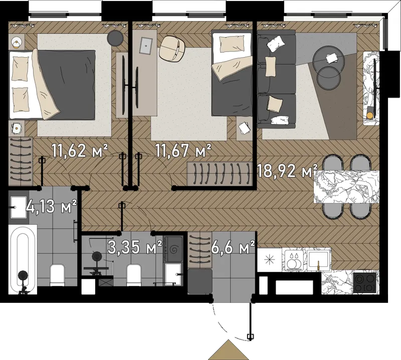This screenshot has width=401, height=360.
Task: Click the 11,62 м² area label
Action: [x=80, y=151]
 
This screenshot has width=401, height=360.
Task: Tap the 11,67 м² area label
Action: [x=183, y=151]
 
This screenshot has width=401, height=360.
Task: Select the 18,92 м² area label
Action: [x=287, y=171]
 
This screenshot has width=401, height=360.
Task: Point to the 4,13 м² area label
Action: [x=51, y=206]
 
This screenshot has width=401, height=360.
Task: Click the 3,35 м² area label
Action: [x=135, y=247]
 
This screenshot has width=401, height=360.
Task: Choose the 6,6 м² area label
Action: [x=233, y=247]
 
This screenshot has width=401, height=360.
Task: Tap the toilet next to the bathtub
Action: [x=57, y=275]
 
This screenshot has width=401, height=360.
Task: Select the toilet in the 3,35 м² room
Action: [x=134, y=275]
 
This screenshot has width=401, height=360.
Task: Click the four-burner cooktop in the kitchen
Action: [x=365, y=282]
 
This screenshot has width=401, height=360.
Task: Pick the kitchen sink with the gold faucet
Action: [x=318, y=259]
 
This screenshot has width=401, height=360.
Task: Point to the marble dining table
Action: [x=346, y=187]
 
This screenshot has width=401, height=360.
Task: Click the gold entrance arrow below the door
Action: [x=229, y=350]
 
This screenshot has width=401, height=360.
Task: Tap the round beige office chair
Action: [x=172, y=49]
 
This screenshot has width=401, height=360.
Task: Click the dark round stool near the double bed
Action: [x=115, y=38]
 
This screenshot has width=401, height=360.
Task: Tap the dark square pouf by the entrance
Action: [x=199, y=281]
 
